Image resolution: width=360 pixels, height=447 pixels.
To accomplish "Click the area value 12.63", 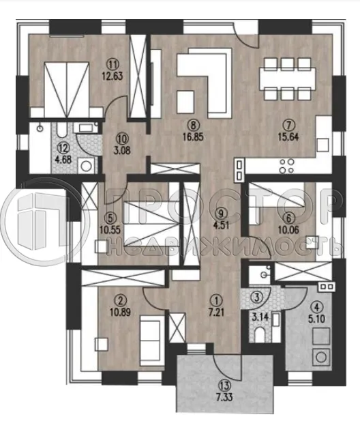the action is [112, 76].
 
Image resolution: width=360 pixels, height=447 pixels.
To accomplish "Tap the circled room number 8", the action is [193, 125].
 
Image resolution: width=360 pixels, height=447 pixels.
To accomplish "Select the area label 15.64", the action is [288, 137].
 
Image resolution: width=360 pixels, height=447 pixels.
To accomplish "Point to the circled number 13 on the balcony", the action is [224, 386].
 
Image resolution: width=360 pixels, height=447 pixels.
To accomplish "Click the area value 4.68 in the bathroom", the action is [63, 160].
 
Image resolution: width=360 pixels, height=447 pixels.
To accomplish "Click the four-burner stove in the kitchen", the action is [286, 166].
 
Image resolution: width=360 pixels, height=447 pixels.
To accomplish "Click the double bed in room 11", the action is [67, 89].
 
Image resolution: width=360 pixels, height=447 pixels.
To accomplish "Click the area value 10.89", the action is [120, 312].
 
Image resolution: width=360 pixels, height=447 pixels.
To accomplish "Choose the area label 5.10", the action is [318, 318].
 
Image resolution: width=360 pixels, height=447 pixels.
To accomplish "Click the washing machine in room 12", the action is [87, 164].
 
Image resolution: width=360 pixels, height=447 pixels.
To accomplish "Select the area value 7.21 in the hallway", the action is [216, 312].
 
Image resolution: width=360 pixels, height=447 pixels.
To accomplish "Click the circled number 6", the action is [288, 219].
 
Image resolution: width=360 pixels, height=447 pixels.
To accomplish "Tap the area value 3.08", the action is [123, 150].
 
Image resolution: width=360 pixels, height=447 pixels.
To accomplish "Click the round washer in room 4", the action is [322, 356].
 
